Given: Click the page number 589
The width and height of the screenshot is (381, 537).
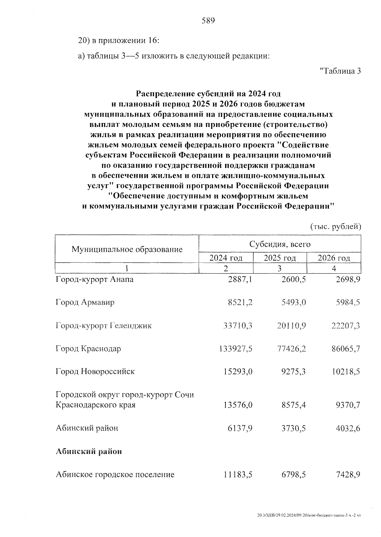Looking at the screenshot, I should pyautogui.click(x=208, y=21).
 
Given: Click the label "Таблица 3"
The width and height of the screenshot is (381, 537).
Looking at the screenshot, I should pyautogui.click(x=340, y=71).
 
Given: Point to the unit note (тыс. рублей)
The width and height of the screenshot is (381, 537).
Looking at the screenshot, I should pyautogui.click(x=335, y=227).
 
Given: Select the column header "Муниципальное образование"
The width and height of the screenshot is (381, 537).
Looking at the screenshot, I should pyautogui.click(x=127, y=249).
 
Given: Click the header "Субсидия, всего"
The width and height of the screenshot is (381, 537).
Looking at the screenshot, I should pyautogui.click(x=280, y=244).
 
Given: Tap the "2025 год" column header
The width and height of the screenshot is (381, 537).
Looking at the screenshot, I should pyautogui.click(x=280, y=258).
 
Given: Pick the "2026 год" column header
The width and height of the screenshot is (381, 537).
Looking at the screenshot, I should pyautogui.click(x=334, y=258).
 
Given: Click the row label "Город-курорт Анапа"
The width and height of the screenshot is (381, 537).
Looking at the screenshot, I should pyautogui.click(x=94, y=280).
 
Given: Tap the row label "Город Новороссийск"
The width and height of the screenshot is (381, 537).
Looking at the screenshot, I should pyautogui.click(x=95, y=371).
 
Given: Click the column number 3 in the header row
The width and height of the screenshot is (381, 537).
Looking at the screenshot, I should pyautogui.click(x=279, y=268).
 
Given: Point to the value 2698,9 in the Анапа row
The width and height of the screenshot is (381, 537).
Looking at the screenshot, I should pyautogui.click(x=348, y=280).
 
